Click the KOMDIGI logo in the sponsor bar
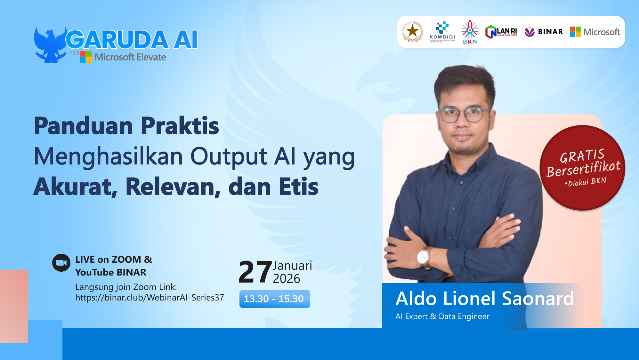pos(442,32)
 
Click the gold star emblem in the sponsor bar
pos(413,32)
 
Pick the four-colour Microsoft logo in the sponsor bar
pos(575,32)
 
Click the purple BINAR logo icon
pos(530,32)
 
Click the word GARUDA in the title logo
pos(117,40)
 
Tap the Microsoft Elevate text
pos(130,57)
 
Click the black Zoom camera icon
pos(61,263)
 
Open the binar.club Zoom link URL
pos(150,298)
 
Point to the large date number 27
pos(255,272)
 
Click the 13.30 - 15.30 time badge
pos(274,299)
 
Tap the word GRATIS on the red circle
pos(582,156)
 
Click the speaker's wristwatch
pos(423,256)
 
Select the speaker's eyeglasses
pos(464,114)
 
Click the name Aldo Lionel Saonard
pos(484,299)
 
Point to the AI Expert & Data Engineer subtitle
pos(442,316)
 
